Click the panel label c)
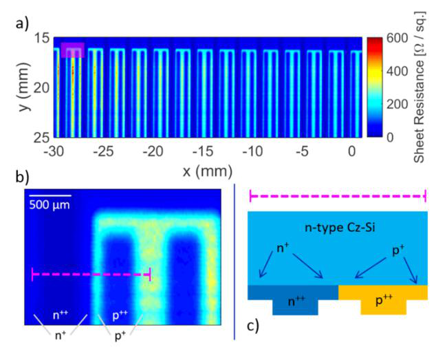(253, 326)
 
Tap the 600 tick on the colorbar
(398, 38)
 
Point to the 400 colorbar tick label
(398, 71)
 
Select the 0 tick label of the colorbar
(391, 138)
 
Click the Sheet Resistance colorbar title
(420, 87)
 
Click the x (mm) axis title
(208, 171)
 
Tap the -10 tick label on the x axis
(252, 151)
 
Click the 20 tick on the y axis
(43, 88)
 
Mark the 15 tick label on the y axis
(43, 39)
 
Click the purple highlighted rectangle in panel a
(73, 50)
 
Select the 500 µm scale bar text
(50, 205)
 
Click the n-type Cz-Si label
(340, 228)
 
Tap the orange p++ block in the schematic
(383, 299)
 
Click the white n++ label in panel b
(61, 315)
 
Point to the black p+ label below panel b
(120, 336)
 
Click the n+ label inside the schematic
(283, 248)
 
